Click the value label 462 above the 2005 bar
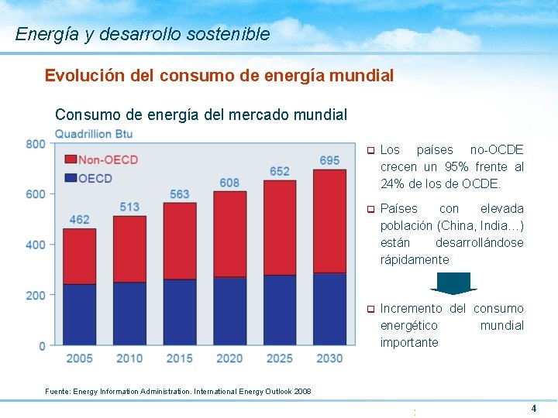click(x=79, y=219)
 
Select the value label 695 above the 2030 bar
click(x=329, y=160)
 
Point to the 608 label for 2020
click(x=229, y=183)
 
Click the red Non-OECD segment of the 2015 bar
click(x=179, y=241)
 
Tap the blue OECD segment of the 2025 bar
click(x=280, y=310)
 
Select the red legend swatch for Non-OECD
click(x=70, y=159)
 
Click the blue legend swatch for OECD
click(x=70, y=178)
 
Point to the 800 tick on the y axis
click(x=36, y=144)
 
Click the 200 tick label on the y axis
click(x=36, y=295)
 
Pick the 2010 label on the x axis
click(x=129, y=358)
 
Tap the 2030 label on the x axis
click(x=329, y=358)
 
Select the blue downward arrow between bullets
click(x=453, y=283)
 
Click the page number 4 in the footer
click(x=533, y=408)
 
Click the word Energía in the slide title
click(x=41, y=34)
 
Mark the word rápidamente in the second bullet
click(x=415, y=259)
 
